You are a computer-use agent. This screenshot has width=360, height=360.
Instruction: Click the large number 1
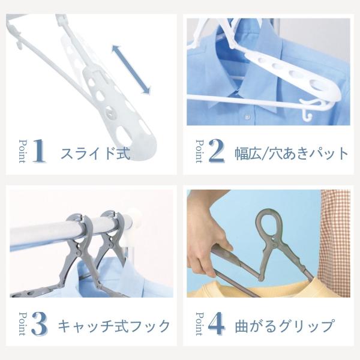(x=39, y=151)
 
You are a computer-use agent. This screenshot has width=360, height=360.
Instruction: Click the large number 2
(x=217, y=151)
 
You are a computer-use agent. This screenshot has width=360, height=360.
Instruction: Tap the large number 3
(x=39, y=324)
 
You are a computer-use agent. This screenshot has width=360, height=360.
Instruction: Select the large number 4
(x=216, y=323)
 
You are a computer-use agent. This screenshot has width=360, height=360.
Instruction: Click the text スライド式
(x=95, y=154)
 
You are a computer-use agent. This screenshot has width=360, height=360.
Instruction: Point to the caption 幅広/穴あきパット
(x=292, y=154)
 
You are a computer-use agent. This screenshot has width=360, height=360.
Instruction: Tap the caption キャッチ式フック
(x=114, y=326)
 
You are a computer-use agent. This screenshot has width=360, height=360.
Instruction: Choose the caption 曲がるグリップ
(x=284, y=326)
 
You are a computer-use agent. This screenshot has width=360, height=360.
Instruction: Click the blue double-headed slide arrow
(x=131, y=70)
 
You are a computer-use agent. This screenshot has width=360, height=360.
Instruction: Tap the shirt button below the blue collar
(x=247, y=117)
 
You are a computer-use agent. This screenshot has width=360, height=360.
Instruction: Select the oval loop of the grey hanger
(x=269, y=224)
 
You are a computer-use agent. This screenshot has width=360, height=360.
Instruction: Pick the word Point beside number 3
(x=22, y=324)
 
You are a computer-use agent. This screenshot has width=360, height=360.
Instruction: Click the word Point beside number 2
(x=199, y=151)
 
